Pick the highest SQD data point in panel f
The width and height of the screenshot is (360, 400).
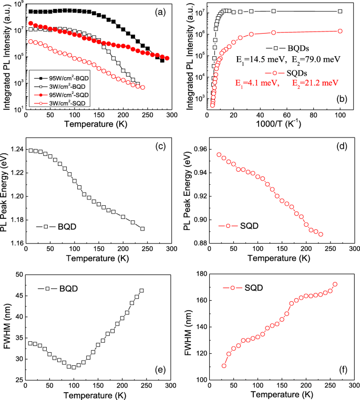tap(335, 285)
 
